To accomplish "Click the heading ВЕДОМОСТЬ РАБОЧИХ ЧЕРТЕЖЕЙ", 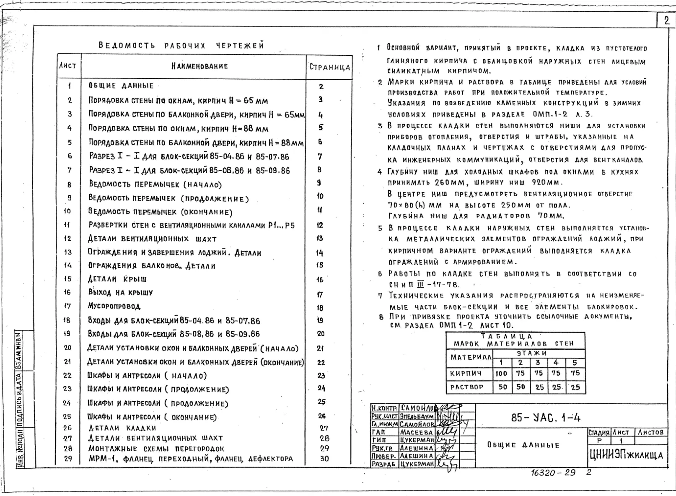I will tap(181, 46).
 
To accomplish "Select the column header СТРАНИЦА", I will tap(329, 67).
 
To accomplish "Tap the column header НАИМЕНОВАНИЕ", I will tap(199, 66).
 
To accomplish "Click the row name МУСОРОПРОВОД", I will tap(114, 306).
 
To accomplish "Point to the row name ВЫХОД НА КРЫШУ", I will tap(120, 293).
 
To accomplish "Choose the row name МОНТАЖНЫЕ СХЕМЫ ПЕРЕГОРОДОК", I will tap(156, 448).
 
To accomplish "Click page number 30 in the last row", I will tap(324, 458).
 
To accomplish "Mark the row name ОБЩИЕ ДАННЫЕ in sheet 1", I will tap(121, 86).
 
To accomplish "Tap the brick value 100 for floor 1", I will tap(501, 374).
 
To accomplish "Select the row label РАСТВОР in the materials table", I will tap(466, 387).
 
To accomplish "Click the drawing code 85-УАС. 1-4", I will tap(546, 418).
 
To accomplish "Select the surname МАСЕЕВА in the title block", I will tap(417, 432).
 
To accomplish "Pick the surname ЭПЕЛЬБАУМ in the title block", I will tap(417, 416).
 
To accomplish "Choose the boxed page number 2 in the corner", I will tap(666, 21).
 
